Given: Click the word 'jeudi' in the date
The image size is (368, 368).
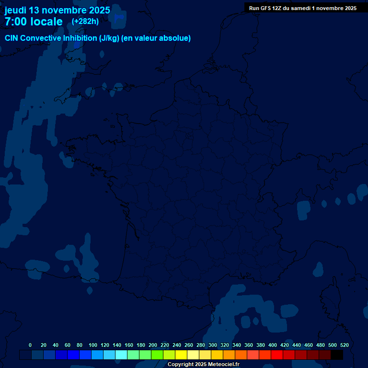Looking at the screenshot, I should click(16, 10).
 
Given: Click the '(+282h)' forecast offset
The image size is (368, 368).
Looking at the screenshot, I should click(85, 21).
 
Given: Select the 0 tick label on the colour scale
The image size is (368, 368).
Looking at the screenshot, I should click(30, 345).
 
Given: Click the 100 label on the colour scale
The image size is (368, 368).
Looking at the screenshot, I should click(93, 345).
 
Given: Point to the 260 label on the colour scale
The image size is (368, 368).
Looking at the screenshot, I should click(189, 345).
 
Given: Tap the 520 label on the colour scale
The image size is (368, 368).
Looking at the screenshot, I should click(344, 345).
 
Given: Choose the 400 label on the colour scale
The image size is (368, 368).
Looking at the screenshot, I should click(273, 345).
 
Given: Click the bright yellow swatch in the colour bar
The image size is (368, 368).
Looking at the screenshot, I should click(181, 355).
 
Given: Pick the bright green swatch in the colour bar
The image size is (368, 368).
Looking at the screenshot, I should click(157, 355).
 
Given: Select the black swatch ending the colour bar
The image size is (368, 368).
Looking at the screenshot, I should click(337, 355).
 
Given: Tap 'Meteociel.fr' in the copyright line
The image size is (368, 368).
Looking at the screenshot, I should click(223, 365).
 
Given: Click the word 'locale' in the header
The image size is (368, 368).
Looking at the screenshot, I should click(46, 22).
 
